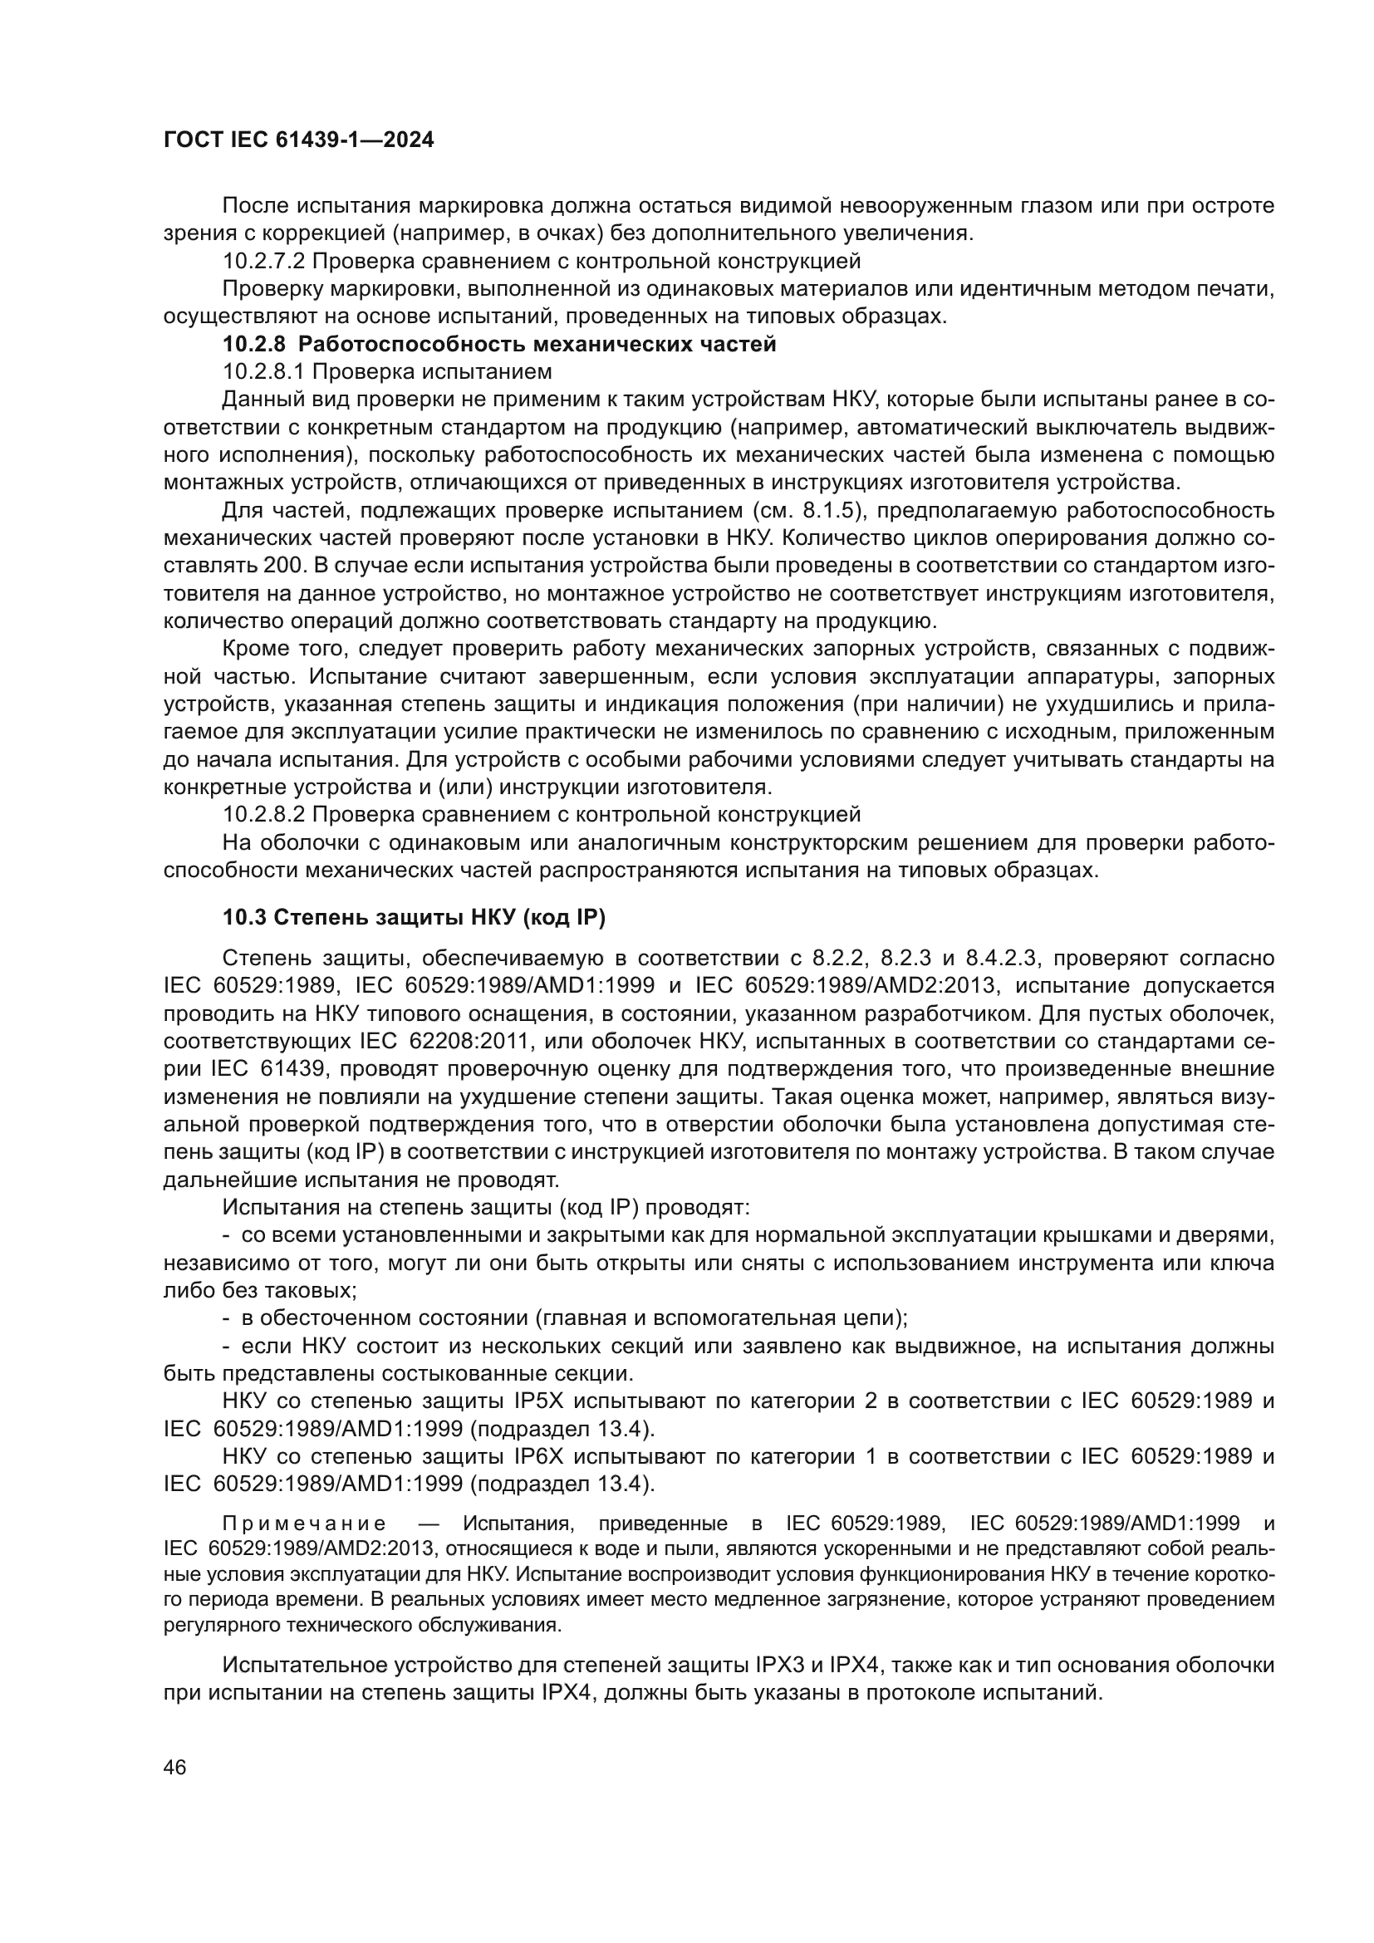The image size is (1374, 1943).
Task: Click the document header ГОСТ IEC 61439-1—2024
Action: tap(298, 140)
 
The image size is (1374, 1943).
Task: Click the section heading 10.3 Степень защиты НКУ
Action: tap(415, 917)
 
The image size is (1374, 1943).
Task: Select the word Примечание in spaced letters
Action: tap(304, 1524)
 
